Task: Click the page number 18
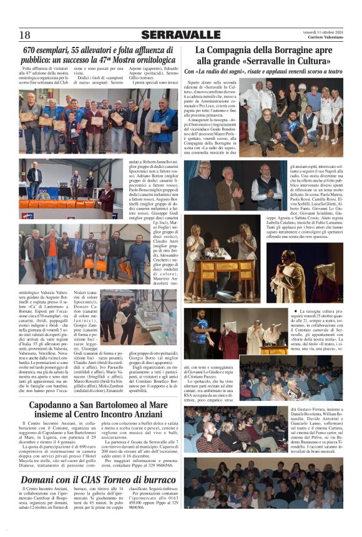pyautogui.click(x=25, y=34)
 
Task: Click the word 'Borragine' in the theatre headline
pyautogui.click(x=281, y=50)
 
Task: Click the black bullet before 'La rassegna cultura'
pyautogui.click(x=295, y=311)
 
